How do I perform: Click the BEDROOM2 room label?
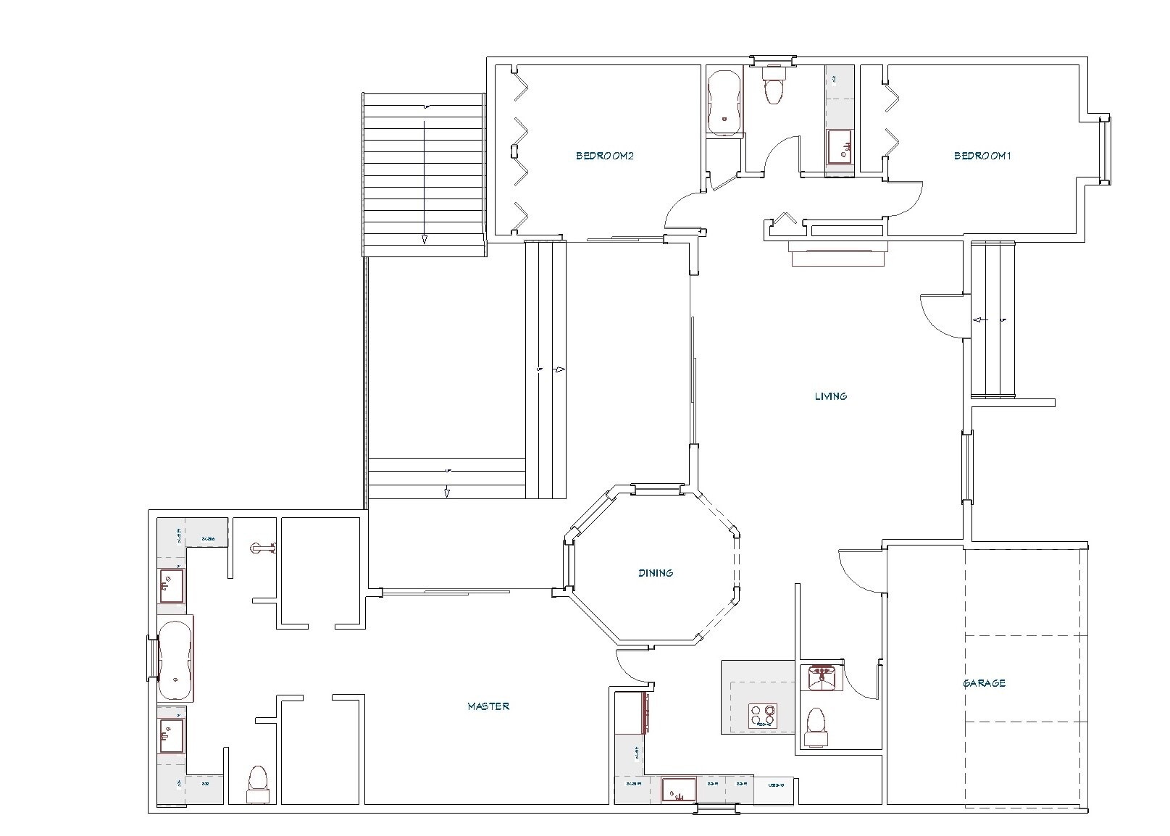point(605,156)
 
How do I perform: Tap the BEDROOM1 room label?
point(982,156)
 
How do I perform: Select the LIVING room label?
point(831,396)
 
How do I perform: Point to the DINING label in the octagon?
point(656,573)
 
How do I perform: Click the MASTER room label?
point(488,706)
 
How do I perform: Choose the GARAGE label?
point(984,683)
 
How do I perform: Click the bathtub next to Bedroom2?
point(724,103)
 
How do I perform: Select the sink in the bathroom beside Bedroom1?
point(840,147)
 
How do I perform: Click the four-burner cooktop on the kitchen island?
point(762,716)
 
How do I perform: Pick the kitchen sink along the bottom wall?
point(679,790)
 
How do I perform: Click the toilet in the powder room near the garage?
point(816,727)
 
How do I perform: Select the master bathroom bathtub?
point(175,659)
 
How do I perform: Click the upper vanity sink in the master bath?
point(172,585)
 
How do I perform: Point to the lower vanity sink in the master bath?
point(172,735)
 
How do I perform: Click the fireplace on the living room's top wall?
point(838,254)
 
